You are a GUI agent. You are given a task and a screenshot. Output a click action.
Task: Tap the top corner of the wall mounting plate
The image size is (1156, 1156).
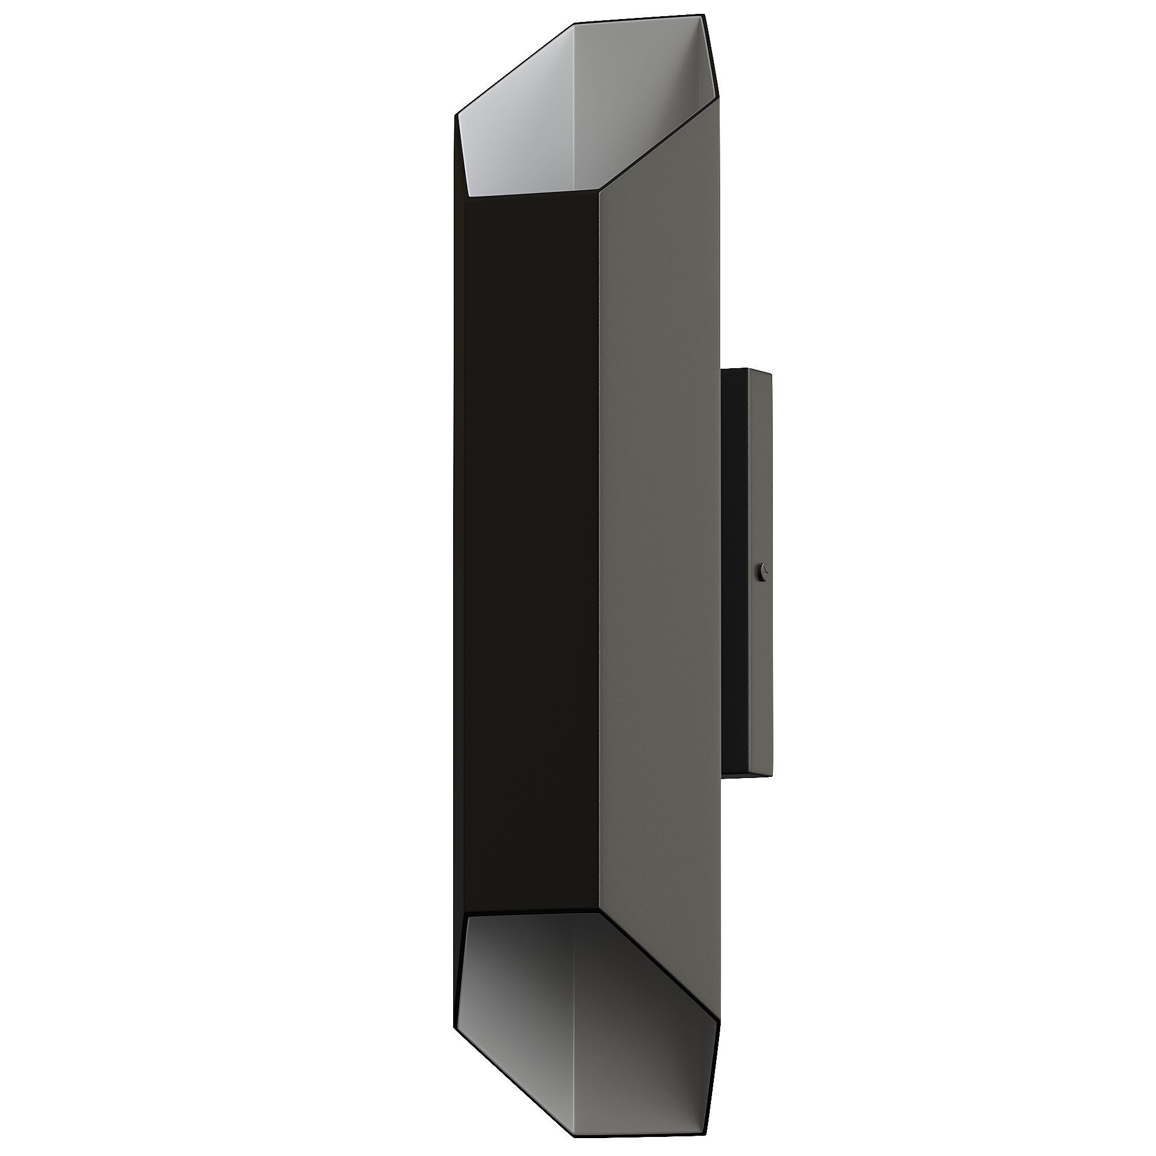point(770,373)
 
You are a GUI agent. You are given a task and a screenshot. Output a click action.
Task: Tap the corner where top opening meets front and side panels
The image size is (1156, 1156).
point(599,191)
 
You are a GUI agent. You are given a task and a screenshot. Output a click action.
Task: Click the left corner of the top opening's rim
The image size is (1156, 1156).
point(456,114)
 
